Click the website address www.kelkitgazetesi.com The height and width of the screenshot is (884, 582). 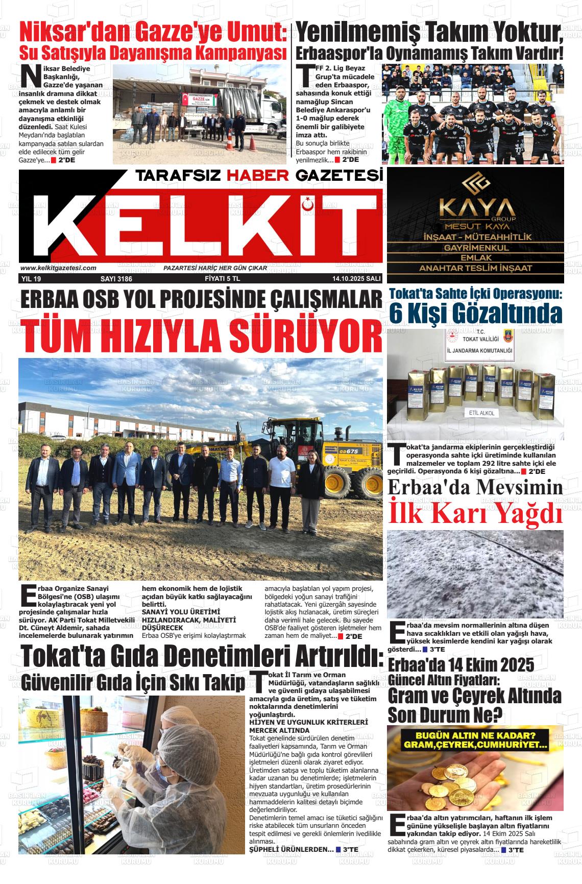click(59, 268)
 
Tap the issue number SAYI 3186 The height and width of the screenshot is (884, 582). click(116, 279)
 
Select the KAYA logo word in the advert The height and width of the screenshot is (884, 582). click(475, 208)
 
